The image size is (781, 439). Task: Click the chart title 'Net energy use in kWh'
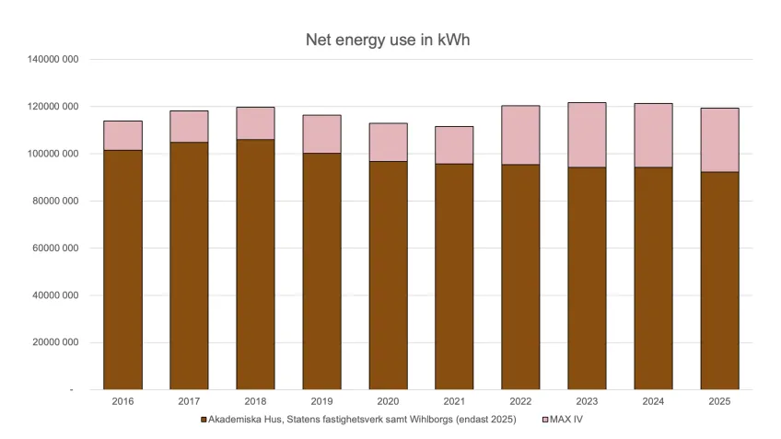click(x=390, y=40)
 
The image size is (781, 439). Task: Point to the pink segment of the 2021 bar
click(x=454, y=145)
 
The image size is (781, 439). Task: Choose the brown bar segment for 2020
click(x=388, y=275)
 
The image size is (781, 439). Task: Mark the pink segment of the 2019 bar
click(x=321, y=134)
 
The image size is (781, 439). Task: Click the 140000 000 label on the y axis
click(x=51, y=59)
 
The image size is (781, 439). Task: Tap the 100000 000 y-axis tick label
click(x=51, y=154)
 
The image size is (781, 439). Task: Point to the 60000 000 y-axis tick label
click(x=52, y=248)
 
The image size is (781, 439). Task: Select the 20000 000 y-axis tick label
click(x=52, y=342)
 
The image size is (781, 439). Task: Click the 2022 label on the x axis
click(x=520, y=402)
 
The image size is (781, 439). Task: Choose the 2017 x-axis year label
click(x=189, y=402)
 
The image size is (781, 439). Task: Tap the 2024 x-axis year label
click(x=653, y=402)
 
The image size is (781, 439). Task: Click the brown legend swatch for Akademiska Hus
click(x=204, y=420)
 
